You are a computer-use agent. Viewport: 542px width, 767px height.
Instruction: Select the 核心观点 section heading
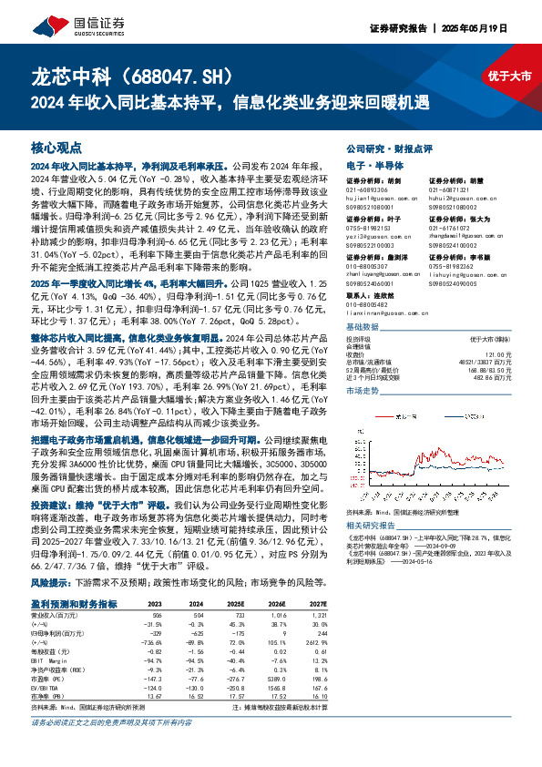click(56, 146)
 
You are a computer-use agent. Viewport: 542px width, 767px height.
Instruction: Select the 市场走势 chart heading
click(363, 389)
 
